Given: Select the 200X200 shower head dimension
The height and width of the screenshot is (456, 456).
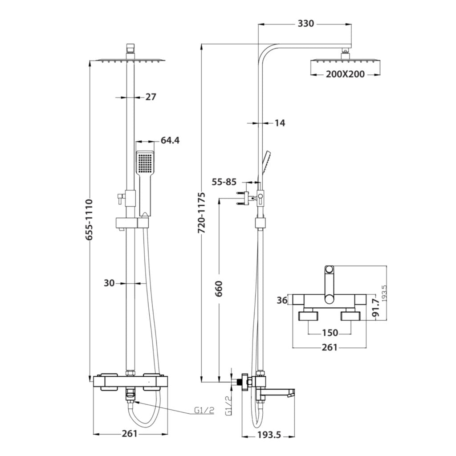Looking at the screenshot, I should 344,74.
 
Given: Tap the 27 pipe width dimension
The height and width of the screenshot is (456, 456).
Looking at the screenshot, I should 151,97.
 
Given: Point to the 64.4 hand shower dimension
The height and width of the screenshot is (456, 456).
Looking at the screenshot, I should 170,141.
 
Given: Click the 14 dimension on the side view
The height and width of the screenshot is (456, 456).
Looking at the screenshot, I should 280,123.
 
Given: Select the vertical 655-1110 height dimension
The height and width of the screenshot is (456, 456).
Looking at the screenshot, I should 90,220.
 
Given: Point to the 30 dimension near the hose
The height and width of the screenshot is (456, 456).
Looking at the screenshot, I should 110,283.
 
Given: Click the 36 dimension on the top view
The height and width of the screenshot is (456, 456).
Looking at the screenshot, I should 282,301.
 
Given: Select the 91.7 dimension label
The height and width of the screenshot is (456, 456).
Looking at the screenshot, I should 375,308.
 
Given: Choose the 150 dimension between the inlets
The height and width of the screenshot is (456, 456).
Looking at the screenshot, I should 330,333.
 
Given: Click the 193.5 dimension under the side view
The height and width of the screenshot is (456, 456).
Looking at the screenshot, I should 269,436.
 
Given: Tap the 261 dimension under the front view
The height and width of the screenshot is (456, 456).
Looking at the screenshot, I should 130,434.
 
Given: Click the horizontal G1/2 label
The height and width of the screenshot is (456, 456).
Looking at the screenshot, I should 204,411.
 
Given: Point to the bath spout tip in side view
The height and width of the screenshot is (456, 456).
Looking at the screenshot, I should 291,394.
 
